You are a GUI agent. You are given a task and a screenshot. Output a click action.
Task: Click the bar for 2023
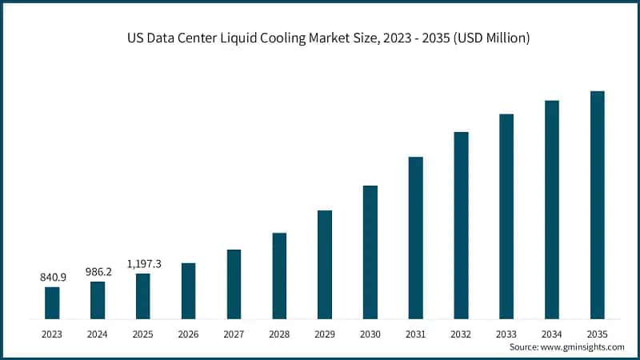point(52,302)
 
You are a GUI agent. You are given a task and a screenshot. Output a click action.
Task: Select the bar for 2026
point(188,290)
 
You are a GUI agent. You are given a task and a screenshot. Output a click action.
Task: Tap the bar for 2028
point(279,275)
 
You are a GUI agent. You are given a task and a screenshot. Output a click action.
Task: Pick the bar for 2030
point(370,252)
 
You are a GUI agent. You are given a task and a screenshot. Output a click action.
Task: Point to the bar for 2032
point(461,225)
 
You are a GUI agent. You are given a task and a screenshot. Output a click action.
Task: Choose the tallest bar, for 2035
point(597,205)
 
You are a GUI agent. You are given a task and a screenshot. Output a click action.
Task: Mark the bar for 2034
point(552,210)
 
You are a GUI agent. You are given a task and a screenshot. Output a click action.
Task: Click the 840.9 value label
point(52,277)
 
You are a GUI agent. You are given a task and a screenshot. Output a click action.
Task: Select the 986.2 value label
point(98,271)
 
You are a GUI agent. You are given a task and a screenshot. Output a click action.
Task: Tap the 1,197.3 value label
point(143,263)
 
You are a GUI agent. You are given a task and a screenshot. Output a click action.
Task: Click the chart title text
point(320,38)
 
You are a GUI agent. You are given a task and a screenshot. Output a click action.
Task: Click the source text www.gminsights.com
point(584,346)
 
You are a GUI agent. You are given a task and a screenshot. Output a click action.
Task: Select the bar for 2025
point(143,296)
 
